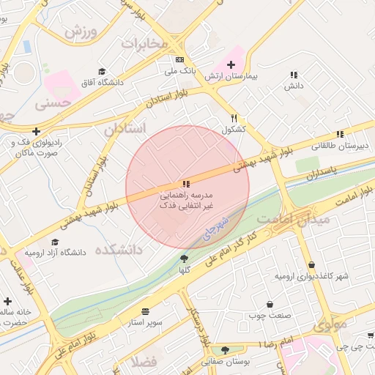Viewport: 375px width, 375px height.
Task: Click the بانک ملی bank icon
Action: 179,60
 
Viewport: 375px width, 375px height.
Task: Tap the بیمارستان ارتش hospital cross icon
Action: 231,64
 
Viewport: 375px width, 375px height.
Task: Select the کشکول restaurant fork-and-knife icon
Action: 234,117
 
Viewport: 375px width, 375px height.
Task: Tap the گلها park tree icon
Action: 184,258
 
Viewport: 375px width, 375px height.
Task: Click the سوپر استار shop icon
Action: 145,311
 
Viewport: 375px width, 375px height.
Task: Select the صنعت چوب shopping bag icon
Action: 270,304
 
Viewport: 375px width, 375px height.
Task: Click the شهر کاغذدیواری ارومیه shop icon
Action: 312,265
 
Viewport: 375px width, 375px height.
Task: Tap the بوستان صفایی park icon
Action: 225,350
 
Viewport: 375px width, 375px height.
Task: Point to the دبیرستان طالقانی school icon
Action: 339,134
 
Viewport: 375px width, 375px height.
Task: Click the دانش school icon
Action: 294,75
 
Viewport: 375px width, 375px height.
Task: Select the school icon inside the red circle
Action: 186,183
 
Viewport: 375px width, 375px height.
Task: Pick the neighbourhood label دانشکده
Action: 132,250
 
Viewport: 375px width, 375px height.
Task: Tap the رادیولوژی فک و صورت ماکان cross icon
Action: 36,131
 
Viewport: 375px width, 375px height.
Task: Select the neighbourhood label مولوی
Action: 330,324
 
